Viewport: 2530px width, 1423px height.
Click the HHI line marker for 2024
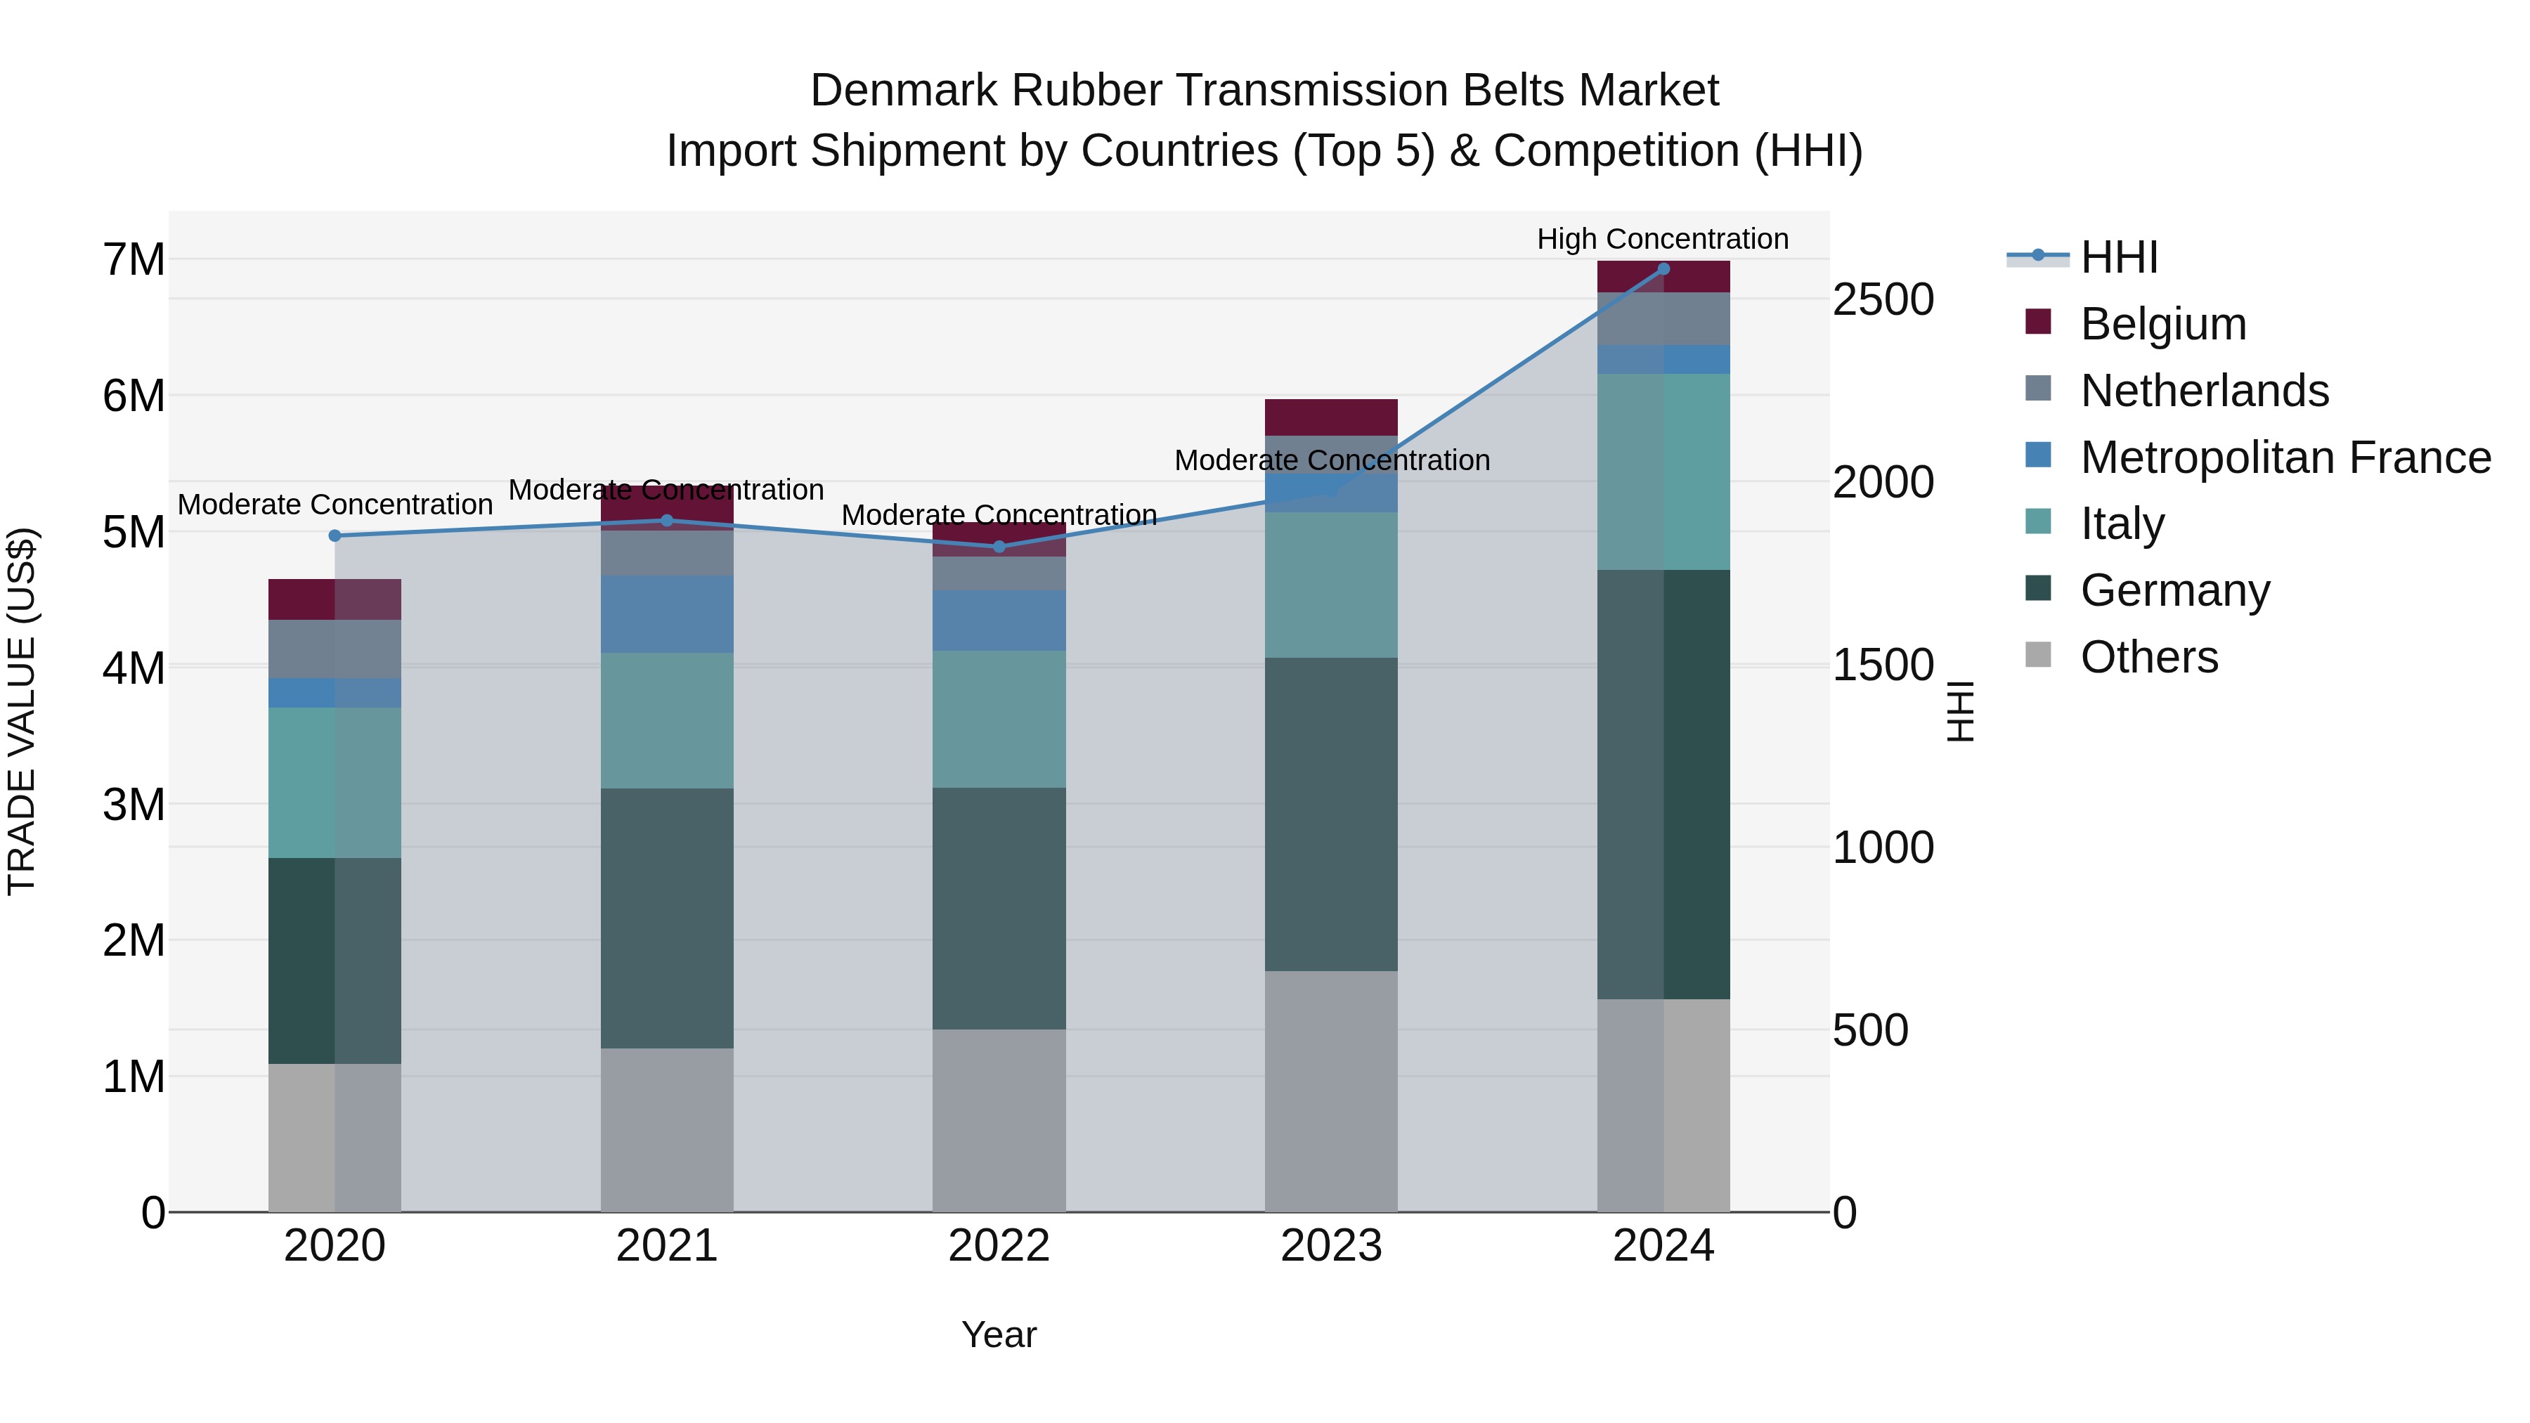(1663, 268)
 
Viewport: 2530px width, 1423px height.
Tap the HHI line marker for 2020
(335, 535)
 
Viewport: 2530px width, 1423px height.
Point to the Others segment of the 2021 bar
(667, 1129)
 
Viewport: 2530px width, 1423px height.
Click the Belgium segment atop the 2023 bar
(1331, 417)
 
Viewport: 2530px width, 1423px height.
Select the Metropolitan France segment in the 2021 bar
(667, 613)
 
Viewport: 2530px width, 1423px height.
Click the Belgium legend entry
(2162, 324)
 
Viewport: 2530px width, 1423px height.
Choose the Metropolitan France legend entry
(2285, 457)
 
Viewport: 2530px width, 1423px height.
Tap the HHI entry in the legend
(2118, 257)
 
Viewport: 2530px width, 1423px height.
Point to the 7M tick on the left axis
(134, 260)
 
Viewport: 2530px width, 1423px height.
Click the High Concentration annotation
(1662, 239)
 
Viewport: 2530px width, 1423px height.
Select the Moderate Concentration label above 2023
(1331, 460)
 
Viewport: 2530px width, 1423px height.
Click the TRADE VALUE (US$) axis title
(22, 711)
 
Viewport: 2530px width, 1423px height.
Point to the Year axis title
(999, 1334)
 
